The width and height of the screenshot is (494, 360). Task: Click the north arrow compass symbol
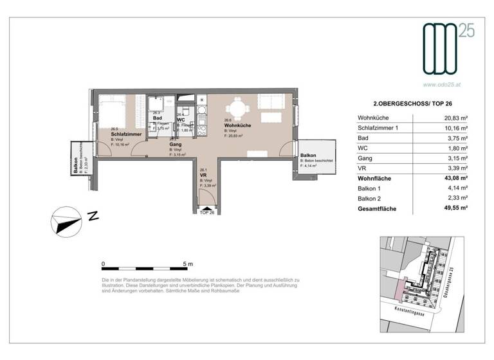(x=66, y=224)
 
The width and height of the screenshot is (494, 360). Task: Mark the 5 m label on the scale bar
(x=188, y=263)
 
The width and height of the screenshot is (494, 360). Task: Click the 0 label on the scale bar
(x=103, y=263)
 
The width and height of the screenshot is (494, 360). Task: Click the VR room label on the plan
(x=203, y=175)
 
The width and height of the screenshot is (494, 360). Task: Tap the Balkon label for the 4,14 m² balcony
(x=307, y=156)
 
